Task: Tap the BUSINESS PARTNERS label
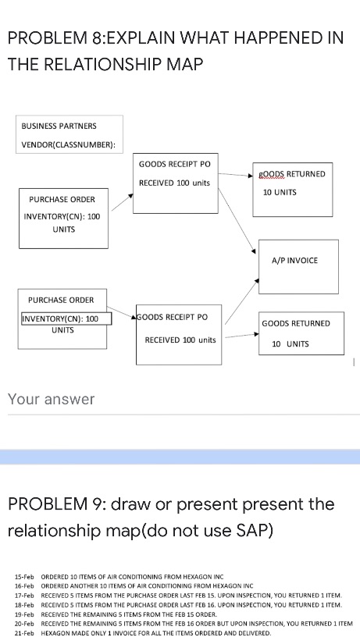point(59,126)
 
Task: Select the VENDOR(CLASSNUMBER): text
point(68,144)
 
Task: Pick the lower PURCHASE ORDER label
point(61,300)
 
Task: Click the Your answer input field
point(180,400)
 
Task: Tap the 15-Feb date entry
point(22,575)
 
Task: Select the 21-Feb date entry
point(22,633)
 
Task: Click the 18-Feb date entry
point(22,604)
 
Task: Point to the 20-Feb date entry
point(22,624)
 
